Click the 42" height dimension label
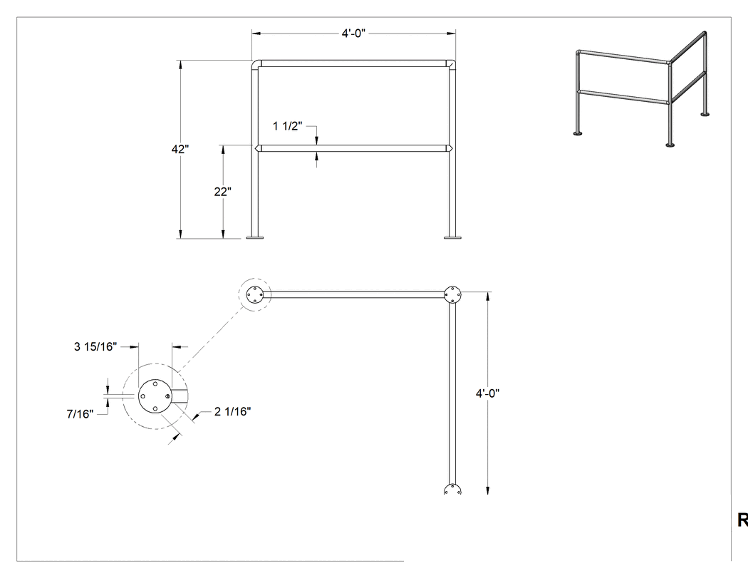[180, 149]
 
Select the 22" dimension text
[223, 192]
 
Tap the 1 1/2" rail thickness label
[288, 126]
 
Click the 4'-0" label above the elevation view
[353, 33]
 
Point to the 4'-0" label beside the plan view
[487, 393]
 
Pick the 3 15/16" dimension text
[95, 346]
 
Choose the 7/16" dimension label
[80, 414]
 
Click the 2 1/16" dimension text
[233, 411]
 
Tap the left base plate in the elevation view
[255, 237]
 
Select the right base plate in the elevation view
[452, 237]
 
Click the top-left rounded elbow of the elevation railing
[256, 64]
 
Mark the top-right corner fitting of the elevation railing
[451, 64]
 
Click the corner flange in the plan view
[452, 295]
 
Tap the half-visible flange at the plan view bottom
[452, 490]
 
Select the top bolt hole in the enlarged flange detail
[155, 383]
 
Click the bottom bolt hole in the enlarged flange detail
[155, 408]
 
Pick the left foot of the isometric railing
[578, 134]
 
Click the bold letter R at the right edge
[743, 520]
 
